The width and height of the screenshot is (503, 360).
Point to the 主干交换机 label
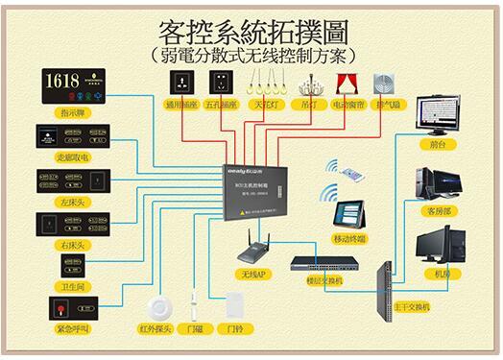(412, 307)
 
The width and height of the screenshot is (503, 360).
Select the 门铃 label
(230, 328)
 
